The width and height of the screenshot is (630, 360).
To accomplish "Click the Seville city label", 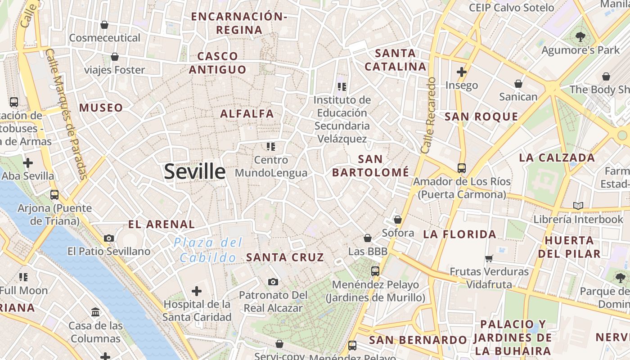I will pos(194,172).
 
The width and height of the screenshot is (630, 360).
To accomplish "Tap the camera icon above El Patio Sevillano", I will pos(109,238).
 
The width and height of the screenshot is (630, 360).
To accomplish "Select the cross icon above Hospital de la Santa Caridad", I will pos(197,291).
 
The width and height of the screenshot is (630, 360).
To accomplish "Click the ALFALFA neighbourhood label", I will pos(247,114).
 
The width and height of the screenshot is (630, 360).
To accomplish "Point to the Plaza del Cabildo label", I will pos(208,250).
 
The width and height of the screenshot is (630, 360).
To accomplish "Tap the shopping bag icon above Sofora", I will pos(397,220).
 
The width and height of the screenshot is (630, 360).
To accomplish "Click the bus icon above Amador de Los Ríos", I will pos(461,168).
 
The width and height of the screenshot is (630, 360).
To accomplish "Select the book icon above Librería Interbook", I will pos(578,206).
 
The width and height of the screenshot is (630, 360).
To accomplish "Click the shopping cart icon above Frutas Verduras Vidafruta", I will pos(489,258).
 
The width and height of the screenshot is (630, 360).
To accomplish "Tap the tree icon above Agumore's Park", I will pos(580,37).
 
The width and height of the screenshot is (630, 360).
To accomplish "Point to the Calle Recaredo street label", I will pos(429,115).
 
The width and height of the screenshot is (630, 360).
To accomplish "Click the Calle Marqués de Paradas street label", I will pos(67,114).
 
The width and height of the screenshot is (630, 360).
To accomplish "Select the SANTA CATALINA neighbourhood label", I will pos(396,60).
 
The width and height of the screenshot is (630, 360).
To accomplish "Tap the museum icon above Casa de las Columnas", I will pos(95,312).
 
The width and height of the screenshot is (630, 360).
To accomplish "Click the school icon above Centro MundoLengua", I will pos(270,146).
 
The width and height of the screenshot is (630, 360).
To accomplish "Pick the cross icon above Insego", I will pos(461,72).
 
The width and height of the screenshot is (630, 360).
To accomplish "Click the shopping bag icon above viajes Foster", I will pos(115,57).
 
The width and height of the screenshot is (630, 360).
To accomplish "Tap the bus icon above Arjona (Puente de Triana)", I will pos(54,195).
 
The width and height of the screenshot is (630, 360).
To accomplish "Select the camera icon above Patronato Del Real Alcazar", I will pos(273,282).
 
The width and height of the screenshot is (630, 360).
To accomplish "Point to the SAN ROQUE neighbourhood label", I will pos(481,117).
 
